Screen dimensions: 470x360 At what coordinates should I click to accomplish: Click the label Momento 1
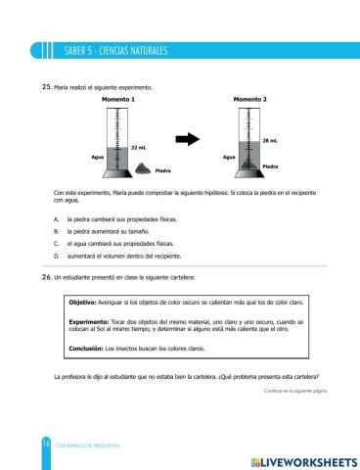pyautogui.click(x=118, y=100)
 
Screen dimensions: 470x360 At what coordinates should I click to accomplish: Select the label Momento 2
pyautogui.click(x=250, y=100)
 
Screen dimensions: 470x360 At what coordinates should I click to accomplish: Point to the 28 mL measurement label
pyautogui.click(x=271, y=141)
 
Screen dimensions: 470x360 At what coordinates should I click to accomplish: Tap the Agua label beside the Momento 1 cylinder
pyautogui.click(x=97, y=157)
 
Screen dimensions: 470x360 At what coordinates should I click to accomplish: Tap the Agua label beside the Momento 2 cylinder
pyautogui.click(x=229, y=157)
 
